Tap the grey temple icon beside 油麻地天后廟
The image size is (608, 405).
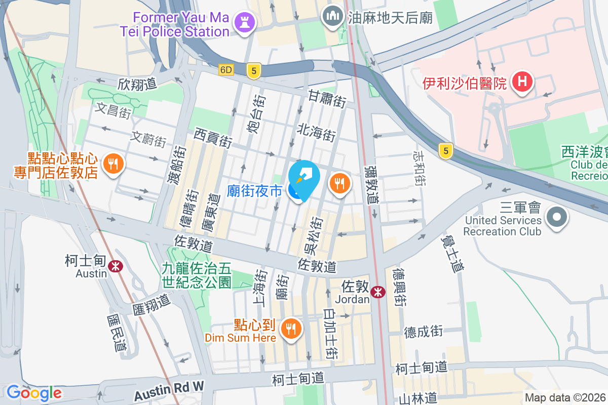332,17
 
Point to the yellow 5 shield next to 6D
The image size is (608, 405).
253,70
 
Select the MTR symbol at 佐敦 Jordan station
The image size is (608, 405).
377,292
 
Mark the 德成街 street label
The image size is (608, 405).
424,332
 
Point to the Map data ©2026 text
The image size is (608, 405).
565,398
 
